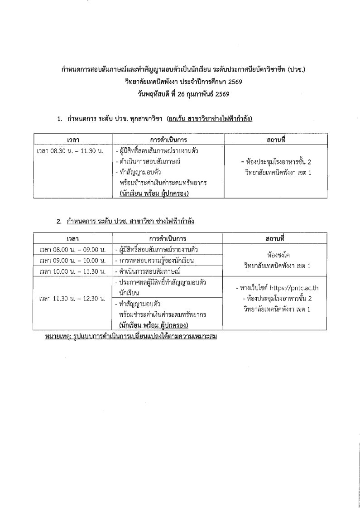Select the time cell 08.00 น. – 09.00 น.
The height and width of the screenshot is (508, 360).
point(73,249)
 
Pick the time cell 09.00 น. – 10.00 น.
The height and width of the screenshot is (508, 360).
point(73,260)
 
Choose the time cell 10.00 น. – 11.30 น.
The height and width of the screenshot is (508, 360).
point(73,271)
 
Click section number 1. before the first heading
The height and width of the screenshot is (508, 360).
point(59,119)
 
